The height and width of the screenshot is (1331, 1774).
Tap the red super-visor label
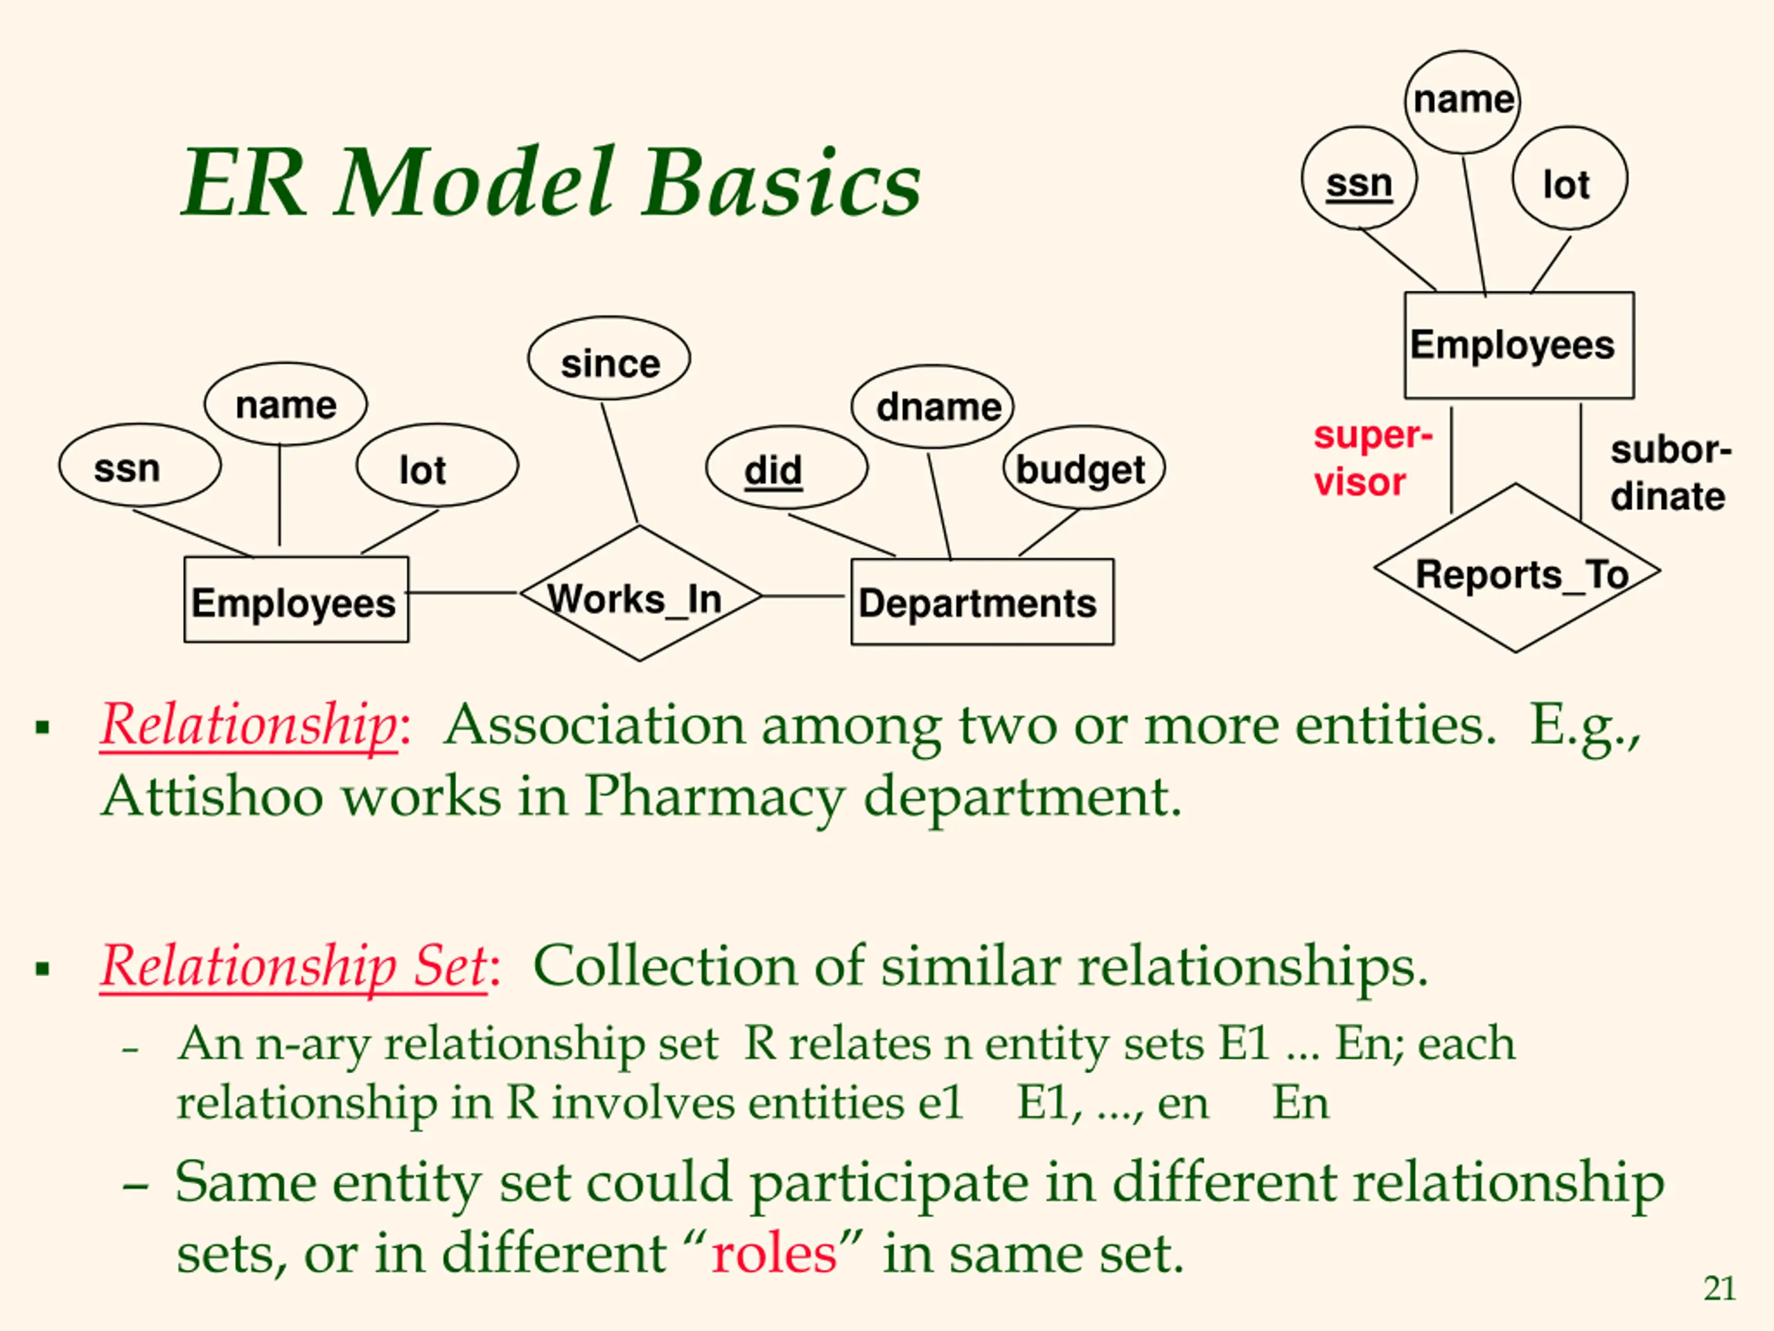coord(1372,459)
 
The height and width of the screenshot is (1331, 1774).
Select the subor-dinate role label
coord(1671,473)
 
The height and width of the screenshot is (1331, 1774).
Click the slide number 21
coord(1719,1289)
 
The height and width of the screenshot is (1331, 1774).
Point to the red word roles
coord(774,1254)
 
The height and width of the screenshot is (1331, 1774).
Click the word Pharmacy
coord(714,797)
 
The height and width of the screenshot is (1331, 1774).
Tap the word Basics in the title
coord(782,183)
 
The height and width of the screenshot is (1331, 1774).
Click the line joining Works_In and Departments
coord(802,596)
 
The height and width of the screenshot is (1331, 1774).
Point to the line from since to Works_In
coord(620,463)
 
